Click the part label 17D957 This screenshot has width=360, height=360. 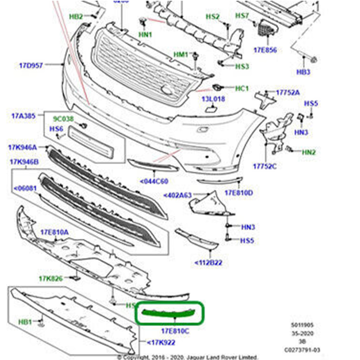coord(31,65)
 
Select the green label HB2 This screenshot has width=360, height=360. coord(76,17)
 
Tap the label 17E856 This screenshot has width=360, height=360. coord(265,50)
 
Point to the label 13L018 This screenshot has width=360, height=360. coord(213,99)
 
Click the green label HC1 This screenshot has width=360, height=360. coord(242,88)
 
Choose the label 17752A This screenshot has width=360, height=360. coord(288,92)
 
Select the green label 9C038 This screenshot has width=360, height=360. coord(63,118)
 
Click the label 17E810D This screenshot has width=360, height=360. coord(239,193)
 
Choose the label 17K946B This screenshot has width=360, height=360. coord(24,162)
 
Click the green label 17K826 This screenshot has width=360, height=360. coord(51,278)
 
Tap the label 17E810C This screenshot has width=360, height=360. coord(175,331)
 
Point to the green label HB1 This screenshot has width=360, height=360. coord(25,321)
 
